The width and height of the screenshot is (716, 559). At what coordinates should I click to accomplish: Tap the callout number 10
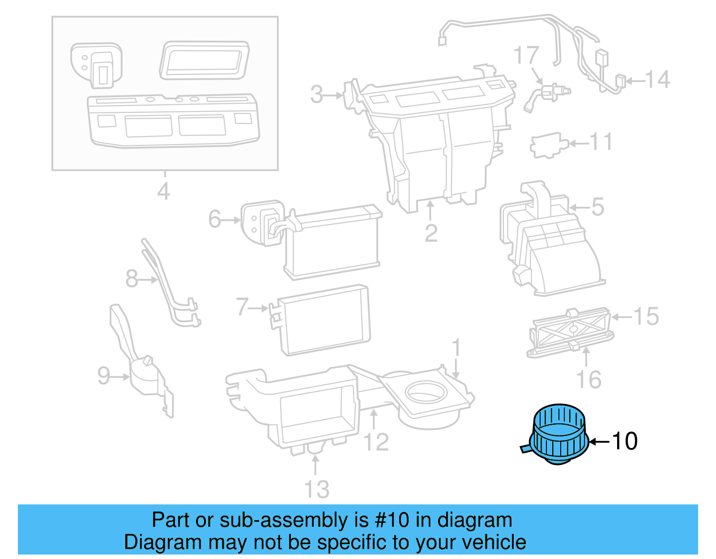(x=625, y=441)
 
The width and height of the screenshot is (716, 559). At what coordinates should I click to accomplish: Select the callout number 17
(x=526, y=55)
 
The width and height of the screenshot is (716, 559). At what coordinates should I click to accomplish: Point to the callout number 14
(x=657, y=80)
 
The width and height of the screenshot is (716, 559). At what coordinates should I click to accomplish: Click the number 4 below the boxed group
(x=164, y=192)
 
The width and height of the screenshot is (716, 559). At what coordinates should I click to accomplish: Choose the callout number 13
(x=317, y=489)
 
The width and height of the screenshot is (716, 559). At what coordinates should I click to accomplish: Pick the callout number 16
(x=588, y=380)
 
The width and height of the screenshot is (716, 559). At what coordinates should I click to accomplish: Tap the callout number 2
(x=431, y=233)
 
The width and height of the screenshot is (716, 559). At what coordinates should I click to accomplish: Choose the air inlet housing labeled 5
(x=550, y=242)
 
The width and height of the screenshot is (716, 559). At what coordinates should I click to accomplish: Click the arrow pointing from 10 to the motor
(x=599, y=442)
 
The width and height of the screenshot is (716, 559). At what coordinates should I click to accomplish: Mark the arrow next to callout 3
(x=334, y=95)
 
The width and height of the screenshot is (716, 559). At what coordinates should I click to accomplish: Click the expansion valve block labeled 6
(x=262, y=222)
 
